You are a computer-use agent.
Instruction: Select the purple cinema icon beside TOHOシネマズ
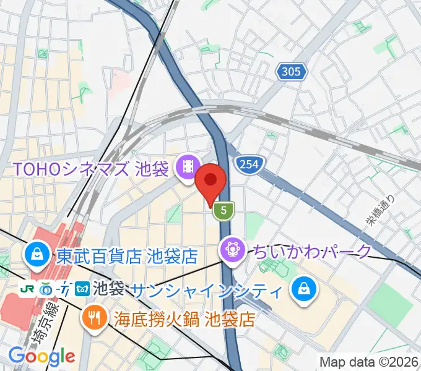(186, 167)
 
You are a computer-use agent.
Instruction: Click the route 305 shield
(290, 72)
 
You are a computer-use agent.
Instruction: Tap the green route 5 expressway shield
(225, 211)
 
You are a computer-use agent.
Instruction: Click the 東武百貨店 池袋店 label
(127, 255)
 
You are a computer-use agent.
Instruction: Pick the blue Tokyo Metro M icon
(82, 289)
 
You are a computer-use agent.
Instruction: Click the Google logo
(42, 356)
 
